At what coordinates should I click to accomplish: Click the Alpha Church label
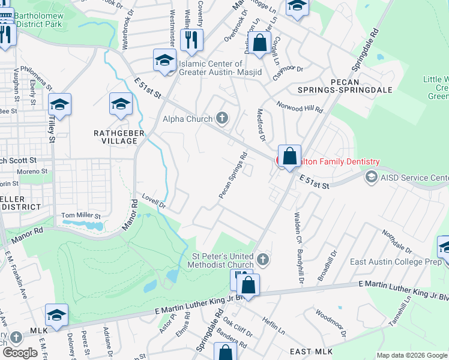click(187, 119)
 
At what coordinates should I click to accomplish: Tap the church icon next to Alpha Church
click(223, 118)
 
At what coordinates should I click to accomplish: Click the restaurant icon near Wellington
click(191, 40)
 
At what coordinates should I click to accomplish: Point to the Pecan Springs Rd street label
click(233, 175)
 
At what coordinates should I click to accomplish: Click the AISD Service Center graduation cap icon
click(371, 178)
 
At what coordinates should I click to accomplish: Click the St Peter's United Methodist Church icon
click(262, 259)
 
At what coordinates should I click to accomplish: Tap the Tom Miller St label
click(80, 216)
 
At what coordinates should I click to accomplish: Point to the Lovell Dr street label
click(154, 200)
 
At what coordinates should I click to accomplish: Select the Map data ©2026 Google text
click(411, 355)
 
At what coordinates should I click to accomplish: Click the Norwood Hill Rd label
click(300, 106)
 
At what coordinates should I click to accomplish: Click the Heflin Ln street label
click(274, 326)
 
